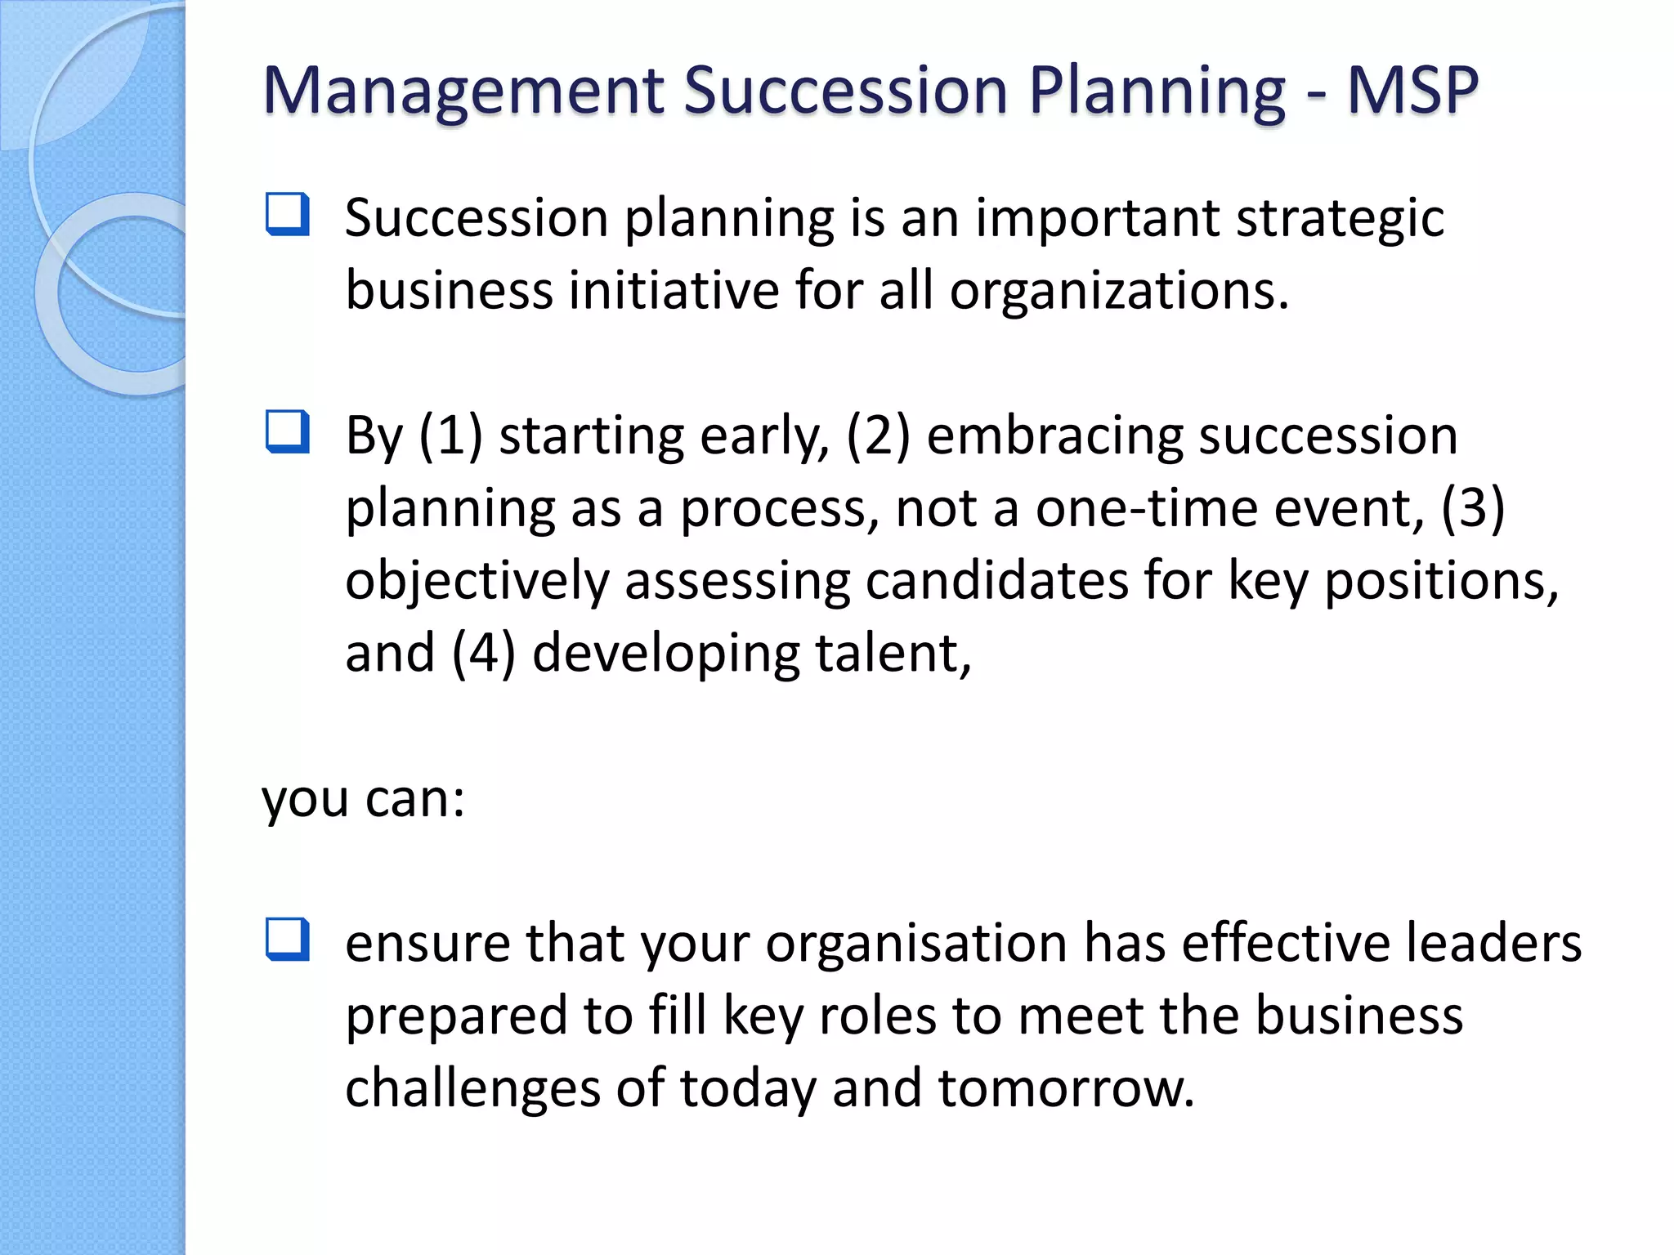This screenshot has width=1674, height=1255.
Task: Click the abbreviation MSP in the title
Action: (x=1412, y=90)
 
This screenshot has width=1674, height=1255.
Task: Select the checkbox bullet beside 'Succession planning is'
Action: (x=288, y=214)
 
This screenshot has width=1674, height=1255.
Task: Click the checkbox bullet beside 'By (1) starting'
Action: (x=288, y=431)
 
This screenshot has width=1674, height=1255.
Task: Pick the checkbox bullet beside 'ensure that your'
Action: (x=288, y=939)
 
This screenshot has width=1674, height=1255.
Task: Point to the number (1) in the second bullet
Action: (x=450, y=435)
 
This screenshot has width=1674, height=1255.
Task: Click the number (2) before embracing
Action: (x=878, y=435)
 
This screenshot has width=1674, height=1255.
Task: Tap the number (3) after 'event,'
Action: (x=1472, y=508)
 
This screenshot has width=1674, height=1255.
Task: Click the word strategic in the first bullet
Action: (x=1340, y=219)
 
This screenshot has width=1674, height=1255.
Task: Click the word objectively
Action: (x=477, y=582)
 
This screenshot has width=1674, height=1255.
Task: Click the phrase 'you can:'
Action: (x=363, y=799)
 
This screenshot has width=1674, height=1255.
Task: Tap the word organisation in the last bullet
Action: (x=915, y=944)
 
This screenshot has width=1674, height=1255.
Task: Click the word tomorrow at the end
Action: (x=1066, y=1089)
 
